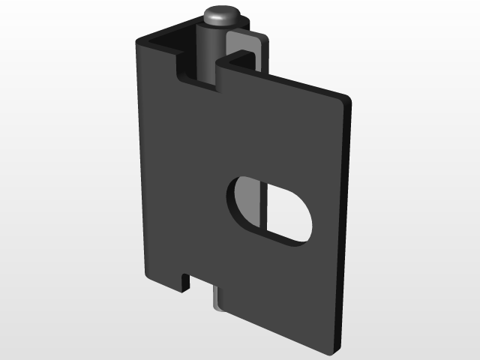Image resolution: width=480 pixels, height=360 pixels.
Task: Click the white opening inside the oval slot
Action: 285,214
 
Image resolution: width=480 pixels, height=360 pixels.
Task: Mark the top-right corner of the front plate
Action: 347,98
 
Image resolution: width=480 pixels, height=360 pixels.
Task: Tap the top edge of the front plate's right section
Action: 285,79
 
